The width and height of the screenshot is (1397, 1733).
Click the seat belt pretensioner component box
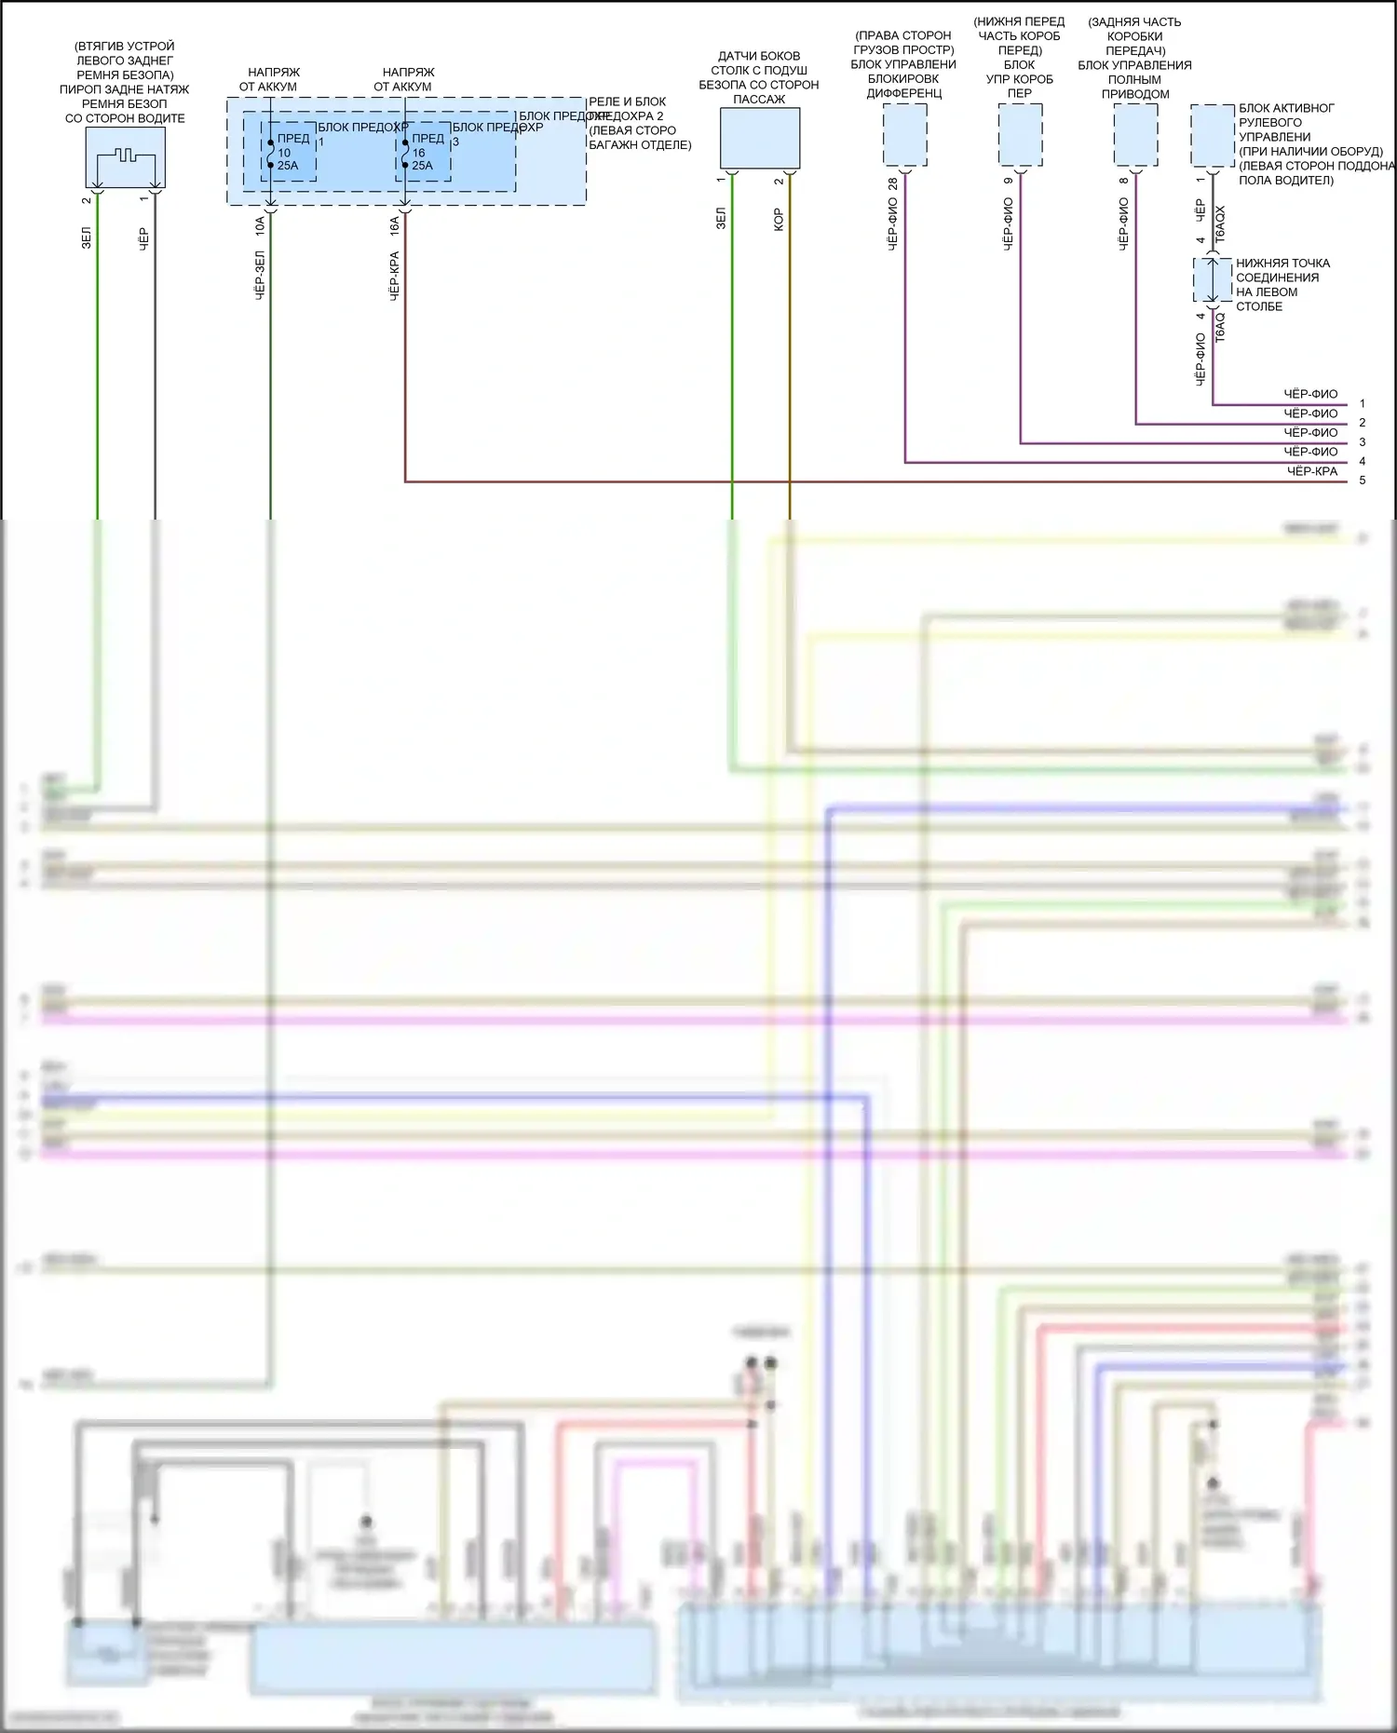point(125,156)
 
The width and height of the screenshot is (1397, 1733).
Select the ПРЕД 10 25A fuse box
point(289,152)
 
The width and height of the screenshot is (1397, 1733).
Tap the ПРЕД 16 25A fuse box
point(423,152)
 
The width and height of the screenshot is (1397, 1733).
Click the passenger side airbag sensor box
point(760,138)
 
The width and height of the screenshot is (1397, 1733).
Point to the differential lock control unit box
point(904,135)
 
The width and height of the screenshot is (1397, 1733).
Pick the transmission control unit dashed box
point(1020,135)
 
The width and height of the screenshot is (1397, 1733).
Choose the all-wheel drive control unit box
point(1135,135)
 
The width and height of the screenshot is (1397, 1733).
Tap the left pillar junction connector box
point(1213,280)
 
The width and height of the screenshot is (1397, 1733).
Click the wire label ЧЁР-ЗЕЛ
point(260,274)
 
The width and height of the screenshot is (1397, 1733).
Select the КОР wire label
point(779,220)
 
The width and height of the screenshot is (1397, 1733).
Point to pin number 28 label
point(893,184)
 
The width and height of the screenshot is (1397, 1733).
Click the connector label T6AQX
point(1221,224)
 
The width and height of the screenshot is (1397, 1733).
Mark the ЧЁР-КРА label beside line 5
point(1311,471)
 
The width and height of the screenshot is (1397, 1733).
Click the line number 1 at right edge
point(1363,403)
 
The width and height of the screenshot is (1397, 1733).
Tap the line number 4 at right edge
point(1363,461)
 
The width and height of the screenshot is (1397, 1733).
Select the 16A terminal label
point(394,224)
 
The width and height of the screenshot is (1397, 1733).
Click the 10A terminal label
point(260,224)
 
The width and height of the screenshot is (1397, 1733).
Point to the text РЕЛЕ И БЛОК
point(627,102)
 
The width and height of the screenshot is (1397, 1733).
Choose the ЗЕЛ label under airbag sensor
point(721,219)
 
